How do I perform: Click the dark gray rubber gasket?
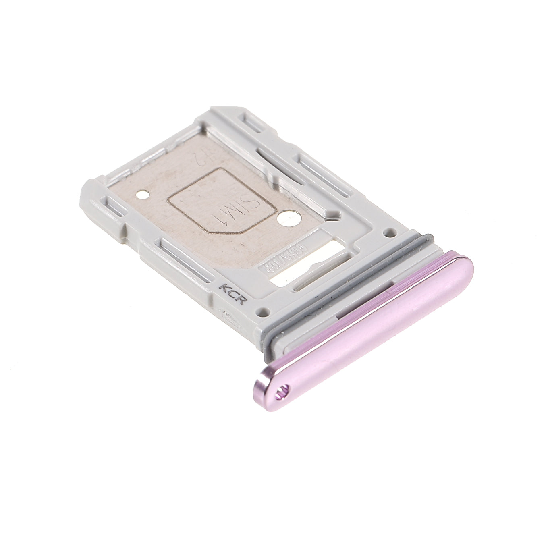click(x=347, y=282)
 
